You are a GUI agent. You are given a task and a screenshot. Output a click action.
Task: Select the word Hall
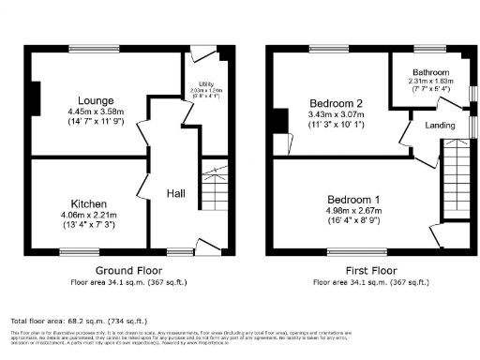point(175,193)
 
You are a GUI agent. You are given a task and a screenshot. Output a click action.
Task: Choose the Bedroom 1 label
point(352,200)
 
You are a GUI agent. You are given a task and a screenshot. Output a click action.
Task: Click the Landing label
point(440,124)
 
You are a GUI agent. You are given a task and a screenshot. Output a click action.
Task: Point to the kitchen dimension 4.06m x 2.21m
point(90,215)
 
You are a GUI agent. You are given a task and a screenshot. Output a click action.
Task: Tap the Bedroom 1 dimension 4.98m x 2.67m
point(352,212)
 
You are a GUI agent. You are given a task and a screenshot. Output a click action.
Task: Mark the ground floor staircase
point(215,186)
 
